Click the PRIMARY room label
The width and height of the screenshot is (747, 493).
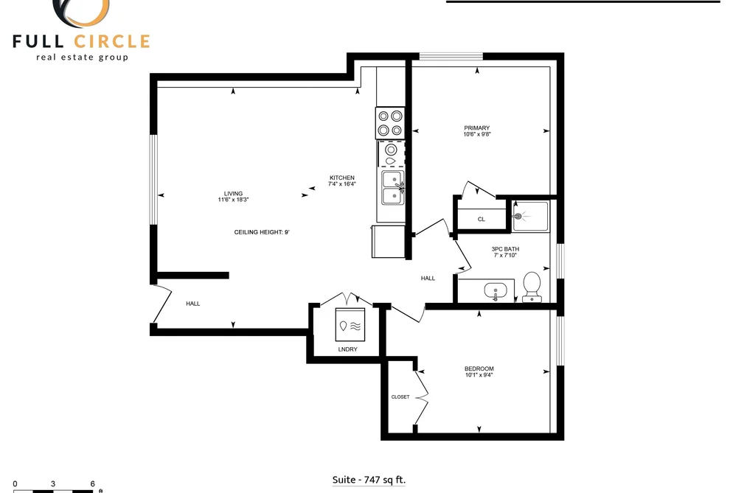(476, 128)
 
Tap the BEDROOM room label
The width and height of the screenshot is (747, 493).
(479, 368)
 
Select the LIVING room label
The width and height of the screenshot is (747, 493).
(234, 194)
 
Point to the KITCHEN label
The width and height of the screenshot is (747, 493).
(342, 178)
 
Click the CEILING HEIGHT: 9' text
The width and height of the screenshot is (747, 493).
(262, 232)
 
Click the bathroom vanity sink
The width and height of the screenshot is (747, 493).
(496, 291)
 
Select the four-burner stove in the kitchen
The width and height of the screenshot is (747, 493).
(389, 123)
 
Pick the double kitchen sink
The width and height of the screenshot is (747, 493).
(393, 188)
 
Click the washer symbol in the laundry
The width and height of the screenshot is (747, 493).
(350, 324)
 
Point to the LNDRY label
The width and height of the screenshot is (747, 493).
(348, 349)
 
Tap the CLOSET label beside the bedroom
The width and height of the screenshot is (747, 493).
(400, 397)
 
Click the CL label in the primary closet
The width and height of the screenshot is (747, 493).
(482, 220)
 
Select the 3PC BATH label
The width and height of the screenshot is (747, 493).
(505, 249)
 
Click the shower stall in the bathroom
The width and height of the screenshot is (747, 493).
(531, 217)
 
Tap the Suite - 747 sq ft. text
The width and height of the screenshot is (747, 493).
(369, 480)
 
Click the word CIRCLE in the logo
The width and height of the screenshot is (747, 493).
(112, 41)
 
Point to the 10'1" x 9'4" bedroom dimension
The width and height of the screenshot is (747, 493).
(479, 375)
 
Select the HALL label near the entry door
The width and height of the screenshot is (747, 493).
(193, 304)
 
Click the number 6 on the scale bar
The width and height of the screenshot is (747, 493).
(92, 484)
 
